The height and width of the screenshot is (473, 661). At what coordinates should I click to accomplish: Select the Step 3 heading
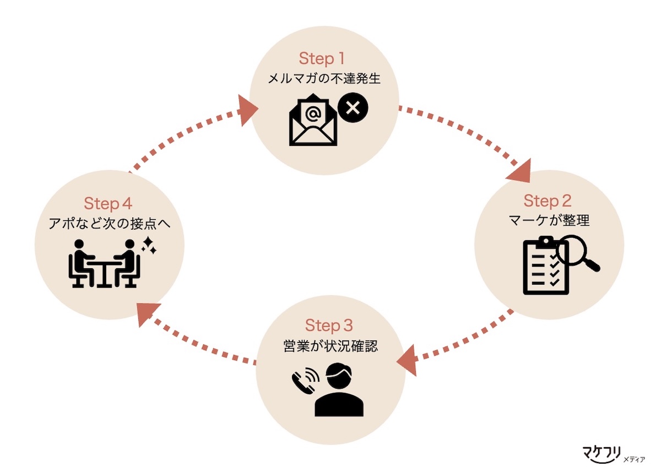329,325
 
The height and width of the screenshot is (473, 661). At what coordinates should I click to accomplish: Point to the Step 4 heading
108,204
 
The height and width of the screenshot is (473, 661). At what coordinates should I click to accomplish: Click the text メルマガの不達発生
324,79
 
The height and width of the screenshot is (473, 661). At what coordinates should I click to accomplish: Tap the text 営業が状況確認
329,347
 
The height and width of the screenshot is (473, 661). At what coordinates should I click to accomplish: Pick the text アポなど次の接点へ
108,225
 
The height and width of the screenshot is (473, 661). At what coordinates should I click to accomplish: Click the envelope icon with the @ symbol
313,123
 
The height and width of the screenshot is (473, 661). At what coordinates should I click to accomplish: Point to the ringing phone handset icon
305,379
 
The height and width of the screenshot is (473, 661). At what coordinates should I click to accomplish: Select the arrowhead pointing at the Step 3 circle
408,362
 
